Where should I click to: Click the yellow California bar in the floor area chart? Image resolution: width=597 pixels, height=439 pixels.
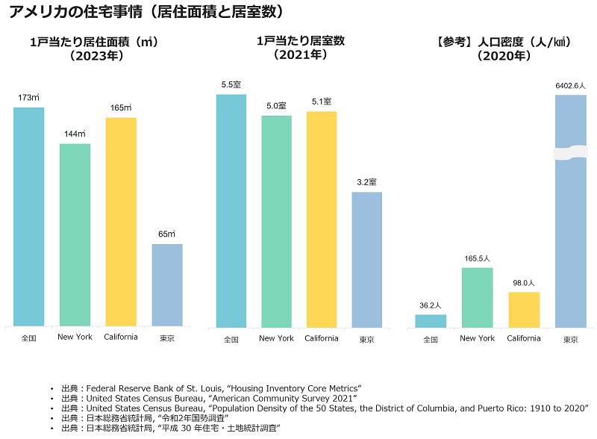pos(121,222)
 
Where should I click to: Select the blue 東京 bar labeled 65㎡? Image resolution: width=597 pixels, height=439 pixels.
pos(167,285)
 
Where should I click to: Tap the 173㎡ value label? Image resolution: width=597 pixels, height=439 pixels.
pos(28,98)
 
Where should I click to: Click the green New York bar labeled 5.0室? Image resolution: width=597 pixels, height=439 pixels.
pos(276,222)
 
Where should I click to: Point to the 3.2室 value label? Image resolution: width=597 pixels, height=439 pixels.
pos(366,182)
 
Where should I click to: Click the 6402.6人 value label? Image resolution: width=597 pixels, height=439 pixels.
pos(571,86)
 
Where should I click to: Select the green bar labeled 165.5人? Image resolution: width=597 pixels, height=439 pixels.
pos(478,297)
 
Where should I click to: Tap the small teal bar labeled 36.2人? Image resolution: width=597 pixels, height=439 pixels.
pos(431,321)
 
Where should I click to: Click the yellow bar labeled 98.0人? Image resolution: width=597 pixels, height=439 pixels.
pos(524,310)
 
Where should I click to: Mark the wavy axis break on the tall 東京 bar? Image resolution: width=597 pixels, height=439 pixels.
pos(571,152)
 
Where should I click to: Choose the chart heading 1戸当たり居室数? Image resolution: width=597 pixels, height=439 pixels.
pos(299,43)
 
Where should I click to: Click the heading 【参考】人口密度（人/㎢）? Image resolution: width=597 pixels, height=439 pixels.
pos(498,43)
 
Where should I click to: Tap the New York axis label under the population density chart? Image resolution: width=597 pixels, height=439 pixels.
pos(478,338)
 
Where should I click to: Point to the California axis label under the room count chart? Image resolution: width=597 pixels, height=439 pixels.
pos(322,338)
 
